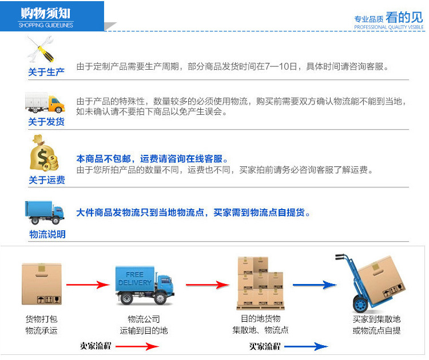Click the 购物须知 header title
[x=46, y=13]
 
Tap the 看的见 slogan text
[x=405, y=17]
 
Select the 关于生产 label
[x=46, y=72]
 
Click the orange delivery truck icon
[x=45, y=103]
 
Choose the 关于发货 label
[x=46, y=122]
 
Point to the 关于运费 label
[x=46, y=180]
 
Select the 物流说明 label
[x=47, y=234]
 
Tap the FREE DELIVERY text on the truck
[x=134, y=278]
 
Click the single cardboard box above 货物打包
[x=41, y=283]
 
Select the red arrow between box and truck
[x=87, y=284]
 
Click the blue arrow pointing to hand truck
[x=314, y=285]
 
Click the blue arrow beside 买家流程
[x=306, y=346]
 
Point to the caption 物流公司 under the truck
[x=144, y=319]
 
